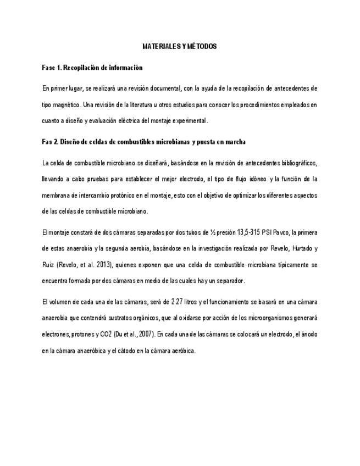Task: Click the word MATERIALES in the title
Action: (157, 47)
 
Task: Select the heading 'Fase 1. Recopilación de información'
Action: (92, 68)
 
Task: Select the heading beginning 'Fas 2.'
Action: (143, 142)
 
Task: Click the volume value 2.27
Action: (178, 302)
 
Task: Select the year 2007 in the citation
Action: (145, 334)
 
